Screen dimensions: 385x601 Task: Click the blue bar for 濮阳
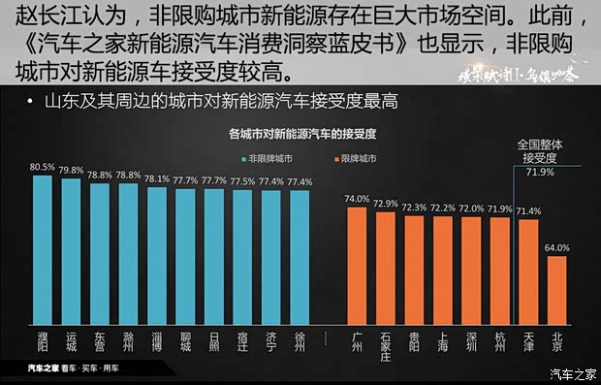(42, 248)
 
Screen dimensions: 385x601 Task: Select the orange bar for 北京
(556, 288)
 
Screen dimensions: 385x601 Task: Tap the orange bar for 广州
(357, 264)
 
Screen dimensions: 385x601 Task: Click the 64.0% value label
(556, 248)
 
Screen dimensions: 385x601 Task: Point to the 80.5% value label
(42, 167)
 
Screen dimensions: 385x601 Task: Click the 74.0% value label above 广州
(357, 199)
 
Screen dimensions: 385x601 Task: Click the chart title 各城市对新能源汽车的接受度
(301, 135)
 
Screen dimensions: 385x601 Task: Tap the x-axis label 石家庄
(386, 344)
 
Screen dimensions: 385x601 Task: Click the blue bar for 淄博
(157, 253)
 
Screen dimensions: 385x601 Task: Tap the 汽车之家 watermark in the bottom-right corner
(573, 374)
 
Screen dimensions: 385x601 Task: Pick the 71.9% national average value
(539, 172)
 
